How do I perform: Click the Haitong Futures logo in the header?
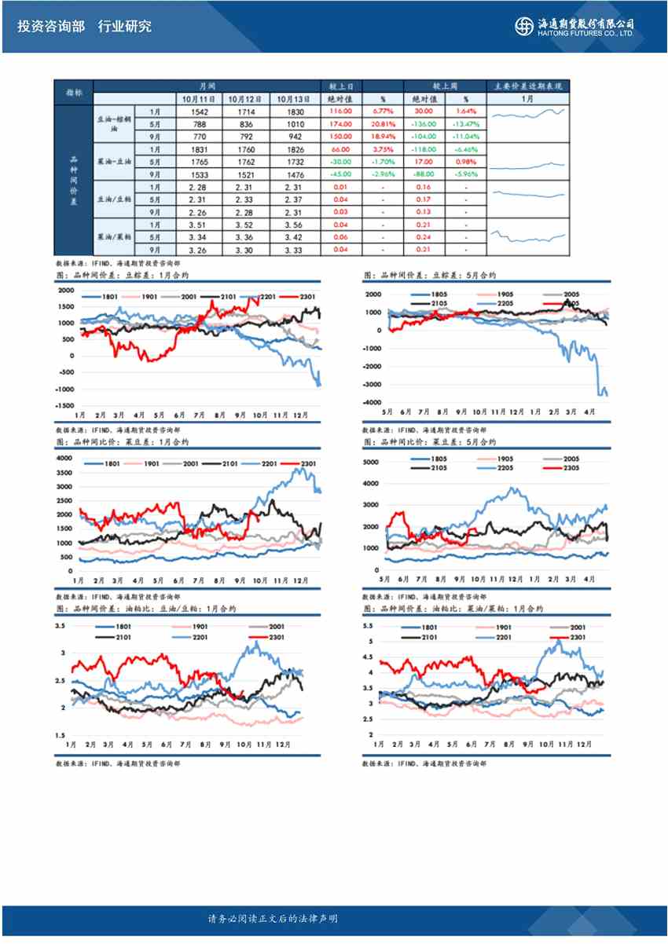[x=576, y=26]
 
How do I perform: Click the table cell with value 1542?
[x=204, y=112]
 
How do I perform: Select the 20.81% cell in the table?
[x=383, y=124]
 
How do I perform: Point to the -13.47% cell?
[x=466, y=124]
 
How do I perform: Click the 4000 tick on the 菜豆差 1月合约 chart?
[x=64, y=457]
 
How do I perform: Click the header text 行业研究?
[x=125, y=26]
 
